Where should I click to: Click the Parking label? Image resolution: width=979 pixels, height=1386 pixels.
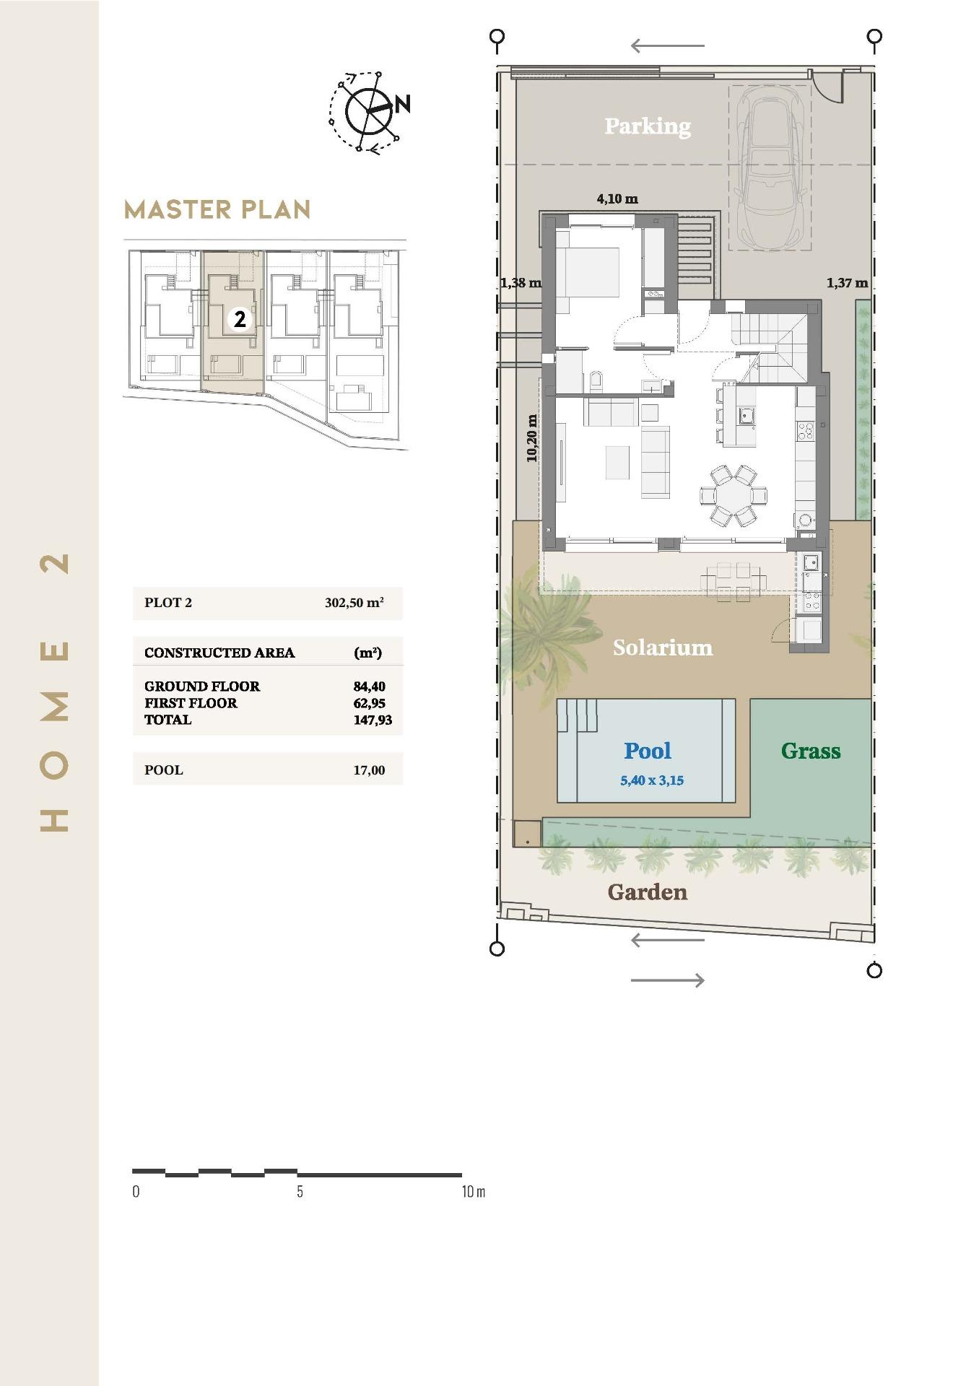pos(647,126)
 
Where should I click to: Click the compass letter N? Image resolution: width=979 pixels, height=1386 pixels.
pos(403,104)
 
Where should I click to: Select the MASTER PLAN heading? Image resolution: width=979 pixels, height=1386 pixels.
pos(217,210)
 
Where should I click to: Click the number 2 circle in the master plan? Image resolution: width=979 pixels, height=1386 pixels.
pos(240,318)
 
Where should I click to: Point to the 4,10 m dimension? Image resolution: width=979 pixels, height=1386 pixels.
pos(617,199)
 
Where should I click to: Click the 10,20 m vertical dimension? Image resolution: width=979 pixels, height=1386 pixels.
pos(532,438)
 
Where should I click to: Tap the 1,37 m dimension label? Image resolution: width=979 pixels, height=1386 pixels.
pos(847,283)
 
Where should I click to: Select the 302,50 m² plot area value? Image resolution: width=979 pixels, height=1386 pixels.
pos(354,603)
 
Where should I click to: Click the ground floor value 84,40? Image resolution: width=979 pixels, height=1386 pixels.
pos(369,687)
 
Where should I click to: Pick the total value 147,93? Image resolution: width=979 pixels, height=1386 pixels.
pos(373,720)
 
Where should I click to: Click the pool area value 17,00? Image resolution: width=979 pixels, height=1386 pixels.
pos(369,770)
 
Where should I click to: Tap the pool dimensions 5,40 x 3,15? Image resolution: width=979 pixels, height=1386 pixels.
pos(651,780)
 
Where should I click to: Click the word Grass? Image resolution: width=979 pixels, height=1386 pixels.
pos(810,751)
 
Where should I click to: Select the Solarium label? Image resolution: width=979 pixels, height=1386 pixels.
pos(662,648)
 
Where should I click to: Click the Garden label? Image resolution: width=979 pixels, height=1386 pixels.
pos(647,892)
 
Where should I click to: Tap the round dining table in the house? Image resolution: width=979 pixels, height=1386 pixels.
pos(733,496)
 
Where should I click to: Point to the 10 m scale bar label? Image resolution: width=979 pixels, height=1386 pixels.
pos(473,1192)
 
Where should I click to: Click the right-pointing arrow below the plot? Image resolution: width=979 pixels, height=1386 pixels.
pos(667,980)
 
